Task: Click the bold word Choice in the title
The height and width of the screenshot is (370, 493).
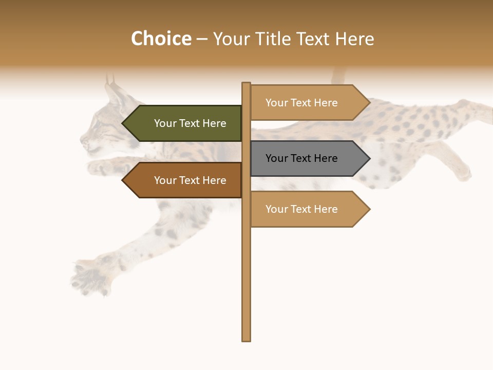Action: tap(161, 39)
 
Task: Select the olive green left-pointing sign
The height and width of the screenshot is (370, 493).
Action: tap(185, 123)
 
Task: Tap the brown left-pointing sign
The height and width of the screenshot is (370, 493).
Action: tap(185, 180)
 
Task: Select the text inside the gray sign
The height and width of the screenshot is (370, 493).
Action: tap(301, 158)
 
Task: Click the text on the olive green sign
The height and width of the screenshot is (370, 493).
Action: tap(190, 123)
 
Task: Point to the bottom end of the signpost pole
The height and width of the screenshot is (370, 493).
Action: tap(246, 339)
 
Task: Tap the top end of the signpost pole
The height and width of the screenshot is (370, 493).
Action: tap(246, 84)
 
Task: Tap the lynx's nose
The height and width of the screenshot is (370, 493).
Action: tap(83, 139)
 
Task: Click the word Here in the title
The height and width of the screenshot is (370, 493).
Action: tap(354, 39)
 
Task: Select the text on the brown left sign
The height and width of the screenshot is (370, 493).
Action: tap(190, 180)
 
